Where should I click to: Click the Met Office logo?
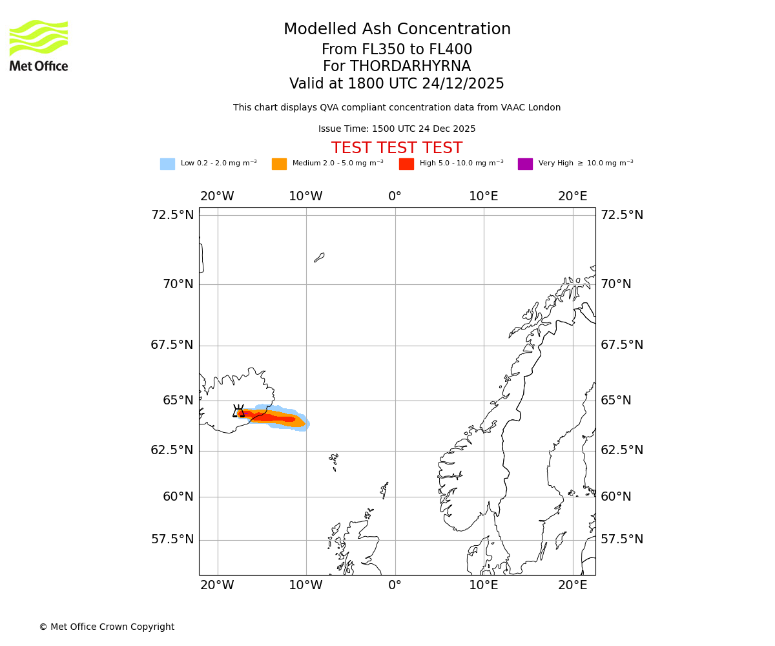(39, 45)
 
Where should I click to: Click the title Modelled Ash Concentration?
(397, 30)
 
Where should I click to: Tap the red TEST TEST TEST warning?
(397, 148)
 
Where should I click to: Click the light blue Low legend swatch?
(167, 164)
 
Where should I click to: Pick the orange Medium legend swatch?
(279, 164)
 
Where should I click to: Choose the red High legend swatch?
(406, 164)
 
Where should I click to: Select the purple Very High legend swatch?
(525, 164)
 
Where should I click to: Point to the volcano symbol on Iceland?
(238, 412)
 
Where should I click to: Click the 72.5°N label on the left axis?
(172, 215)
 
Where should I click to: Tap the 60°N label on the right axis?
(616, 497)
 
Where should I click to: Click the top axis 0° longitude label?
(395, 196)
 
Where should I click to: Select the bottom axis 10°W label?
(305, 585)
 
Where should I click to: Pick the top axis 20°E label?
(572, 196)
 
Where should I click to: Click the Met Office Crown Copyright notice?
(107, 627)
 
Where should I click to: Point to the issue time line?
(397, 129)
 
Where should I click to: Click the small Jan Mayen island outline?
(319, 257)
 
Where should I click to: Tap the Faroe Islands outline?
(334, 461)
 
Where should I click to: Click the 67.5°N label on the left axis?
(172, 345)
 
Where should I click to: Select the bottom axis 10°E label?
(483, 585)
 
